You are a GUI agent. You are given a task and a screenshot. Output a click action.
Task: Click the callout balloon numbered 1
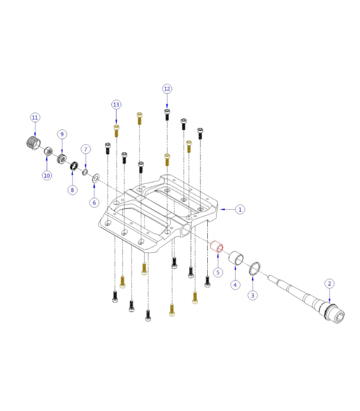click(239, 209)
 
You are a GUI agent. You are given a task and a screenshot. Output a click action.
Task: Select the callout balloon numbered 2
click(330, 283)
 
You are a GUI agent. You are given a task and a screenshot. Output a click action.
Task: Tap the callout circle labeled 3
click(252, 295)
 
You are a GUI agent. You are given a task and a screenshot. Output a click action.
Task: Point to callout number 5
click(218, 272)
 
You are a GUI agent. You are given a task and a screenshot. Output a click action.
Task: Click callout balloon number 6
click(94, 202)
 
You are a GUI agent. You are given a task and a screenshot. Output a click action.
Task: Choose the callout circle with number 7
click(86, 149)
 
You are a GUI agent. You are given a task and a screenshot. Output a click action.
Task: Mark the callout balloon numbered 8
click(73, 190)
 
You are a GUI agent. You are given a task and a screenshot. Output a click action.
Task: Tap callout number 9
click(62, 134)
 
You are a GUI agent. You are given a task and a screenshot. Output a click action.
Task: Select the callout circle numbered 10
click(47, 175)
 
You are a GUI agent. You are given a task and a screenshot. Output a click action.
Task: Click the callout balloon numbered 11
click(35, 118)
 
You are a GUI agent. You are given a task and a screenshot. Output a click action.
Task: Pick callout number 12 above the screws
click(167, 89)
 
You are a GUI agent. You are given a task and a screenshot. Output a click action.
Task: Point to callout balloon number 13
click(116, 105)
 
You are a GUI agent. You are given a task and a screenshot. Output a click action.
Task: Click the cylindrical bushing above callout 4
click(237, 257)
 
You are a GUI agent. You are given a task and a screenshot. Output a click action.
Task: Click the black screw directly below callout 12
click(167, 114)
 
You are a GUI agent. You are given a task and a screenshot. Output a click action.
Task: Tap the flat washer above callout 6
click(95, 178)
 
